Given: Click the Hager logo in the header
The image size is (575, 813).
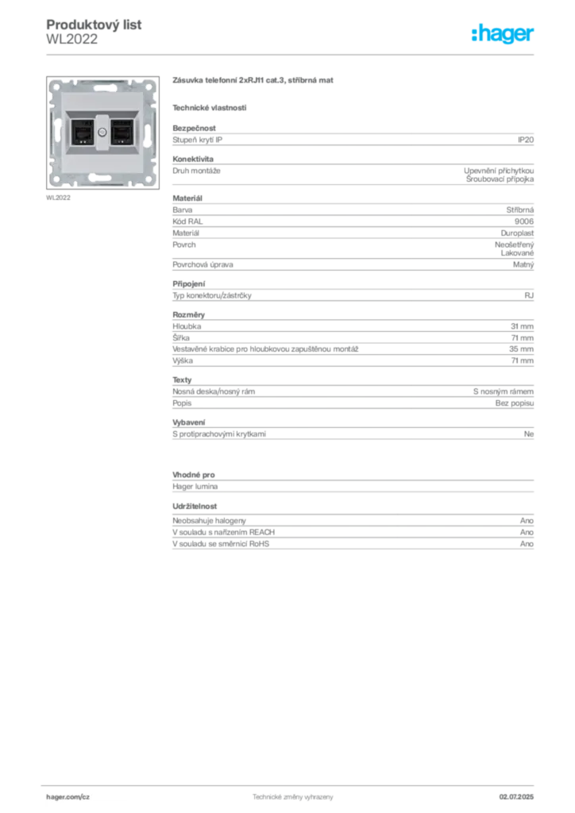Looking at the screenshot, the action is tap(503, 33).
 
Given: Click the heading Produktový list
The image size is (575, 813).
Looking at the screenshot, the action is tap(94, 25).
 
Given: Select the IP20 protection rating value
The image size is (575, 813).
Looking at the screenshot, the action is tap(526, 140).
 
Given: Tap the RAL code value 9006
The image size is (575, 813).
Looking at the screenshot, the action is tap(524, 222).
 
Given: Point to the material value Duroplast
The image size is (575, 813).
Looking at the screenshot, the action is tap(517, 233).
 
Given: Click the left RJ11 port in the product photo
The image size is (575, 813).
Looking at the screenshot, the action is tap(82, 133).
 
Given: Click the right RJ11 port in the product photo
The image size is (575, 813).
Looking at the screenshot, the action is tap(122, 133).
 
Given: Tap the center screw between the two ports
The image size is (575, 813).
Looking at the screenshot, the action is tap(102, 133).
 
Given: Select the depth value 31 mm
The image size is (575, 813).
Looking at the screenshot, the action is tap(522, 326).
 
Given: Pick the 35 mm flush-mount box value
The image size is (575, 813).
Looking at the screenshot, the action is tap(521, 349).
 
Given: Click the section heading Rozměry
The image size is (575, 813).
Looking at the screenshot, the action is tap(189, 314).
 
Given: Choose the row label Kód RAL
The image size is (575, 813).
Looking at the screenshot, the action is tap(187, 222).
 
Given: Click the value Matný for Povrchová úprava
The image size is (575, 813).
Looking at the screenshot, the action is tap(523, 264).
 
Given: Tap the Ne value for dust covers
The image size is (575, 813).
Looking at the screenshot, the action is tap(529, 434).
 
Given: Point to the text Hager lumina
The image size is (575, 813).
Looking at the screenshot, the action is tap(195, 487).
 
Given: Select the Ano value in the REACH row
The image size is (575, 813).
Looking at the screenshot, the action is tap(527, 532).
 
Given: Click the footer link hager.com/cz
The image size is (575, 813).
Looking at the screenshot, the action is tap(68, 797).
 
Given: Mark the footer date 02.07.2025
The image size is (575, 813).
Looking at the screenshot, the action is tap(516, 797).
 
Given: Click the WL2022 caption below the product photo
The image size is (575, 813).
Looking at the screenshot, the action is tap(58, 198).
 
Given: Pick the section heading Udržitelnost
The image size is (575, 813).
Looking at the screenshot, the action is tap(195, 506).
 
